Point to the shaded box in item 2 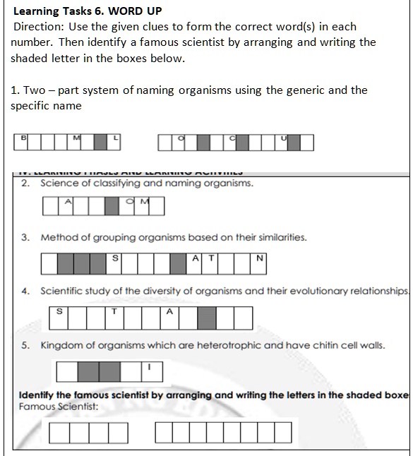pos(112,206)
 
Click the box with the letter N pos(259,263)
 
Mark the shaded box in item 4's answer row pos(206,318)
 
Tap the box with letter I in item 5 pos(150,371)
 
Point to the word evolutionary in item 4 pos(306,291)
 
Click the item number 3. pos(25,237)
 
